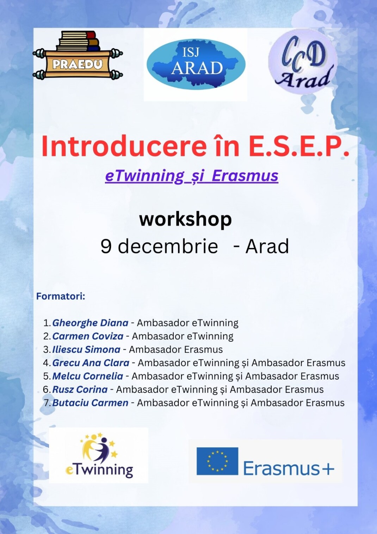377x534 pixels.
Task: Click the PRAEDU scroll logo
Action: [x=78, y=55]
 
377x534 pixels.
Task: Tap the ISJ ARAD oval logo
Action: [x=196, y=64]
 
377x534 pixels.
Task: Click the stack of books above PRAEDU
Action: [x=79, y=41]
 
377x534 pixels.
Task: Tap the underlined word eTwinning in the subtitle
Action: [x=144, y=176]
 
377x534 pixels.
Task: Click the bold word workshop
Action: [x=185, y=220]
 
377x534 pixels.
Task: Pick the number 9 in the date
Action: [x=106, y=246]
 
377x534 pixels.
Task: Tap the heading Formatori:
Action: [x=61, y=297]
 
